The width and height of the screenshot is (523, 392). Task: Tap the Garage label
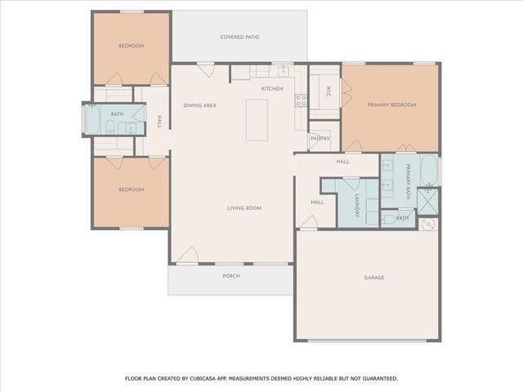pos(373,278)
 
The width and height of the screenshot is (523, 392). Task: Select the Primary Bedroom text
pos(391,105)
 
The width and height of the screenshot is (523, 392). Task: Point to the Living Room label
pos(244,208)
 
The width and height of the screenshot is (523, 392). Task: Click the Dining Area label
pos(199,105)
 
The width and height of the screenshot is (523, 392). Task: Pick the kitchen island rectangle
pos(257,119)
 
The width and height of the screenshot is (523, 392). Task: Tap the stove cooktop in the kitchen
pos(300,101)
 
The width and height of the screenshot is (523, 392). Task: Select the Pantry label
pos(320,139)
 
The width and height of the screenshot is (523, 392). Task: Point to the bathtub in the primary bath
pos(428,171)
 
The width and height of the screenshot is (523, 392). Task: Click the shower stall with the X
pos(428,201)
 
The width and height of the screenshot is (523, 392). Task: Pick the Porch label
pos(231,276)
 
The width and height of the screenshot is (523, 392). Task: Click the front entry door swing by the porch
pos(187,255)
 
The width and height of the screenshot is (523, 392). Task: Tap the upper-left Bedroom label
pos(131,46)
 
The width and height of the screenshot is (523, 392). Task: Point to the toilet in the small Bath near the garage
pos(386,218)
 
